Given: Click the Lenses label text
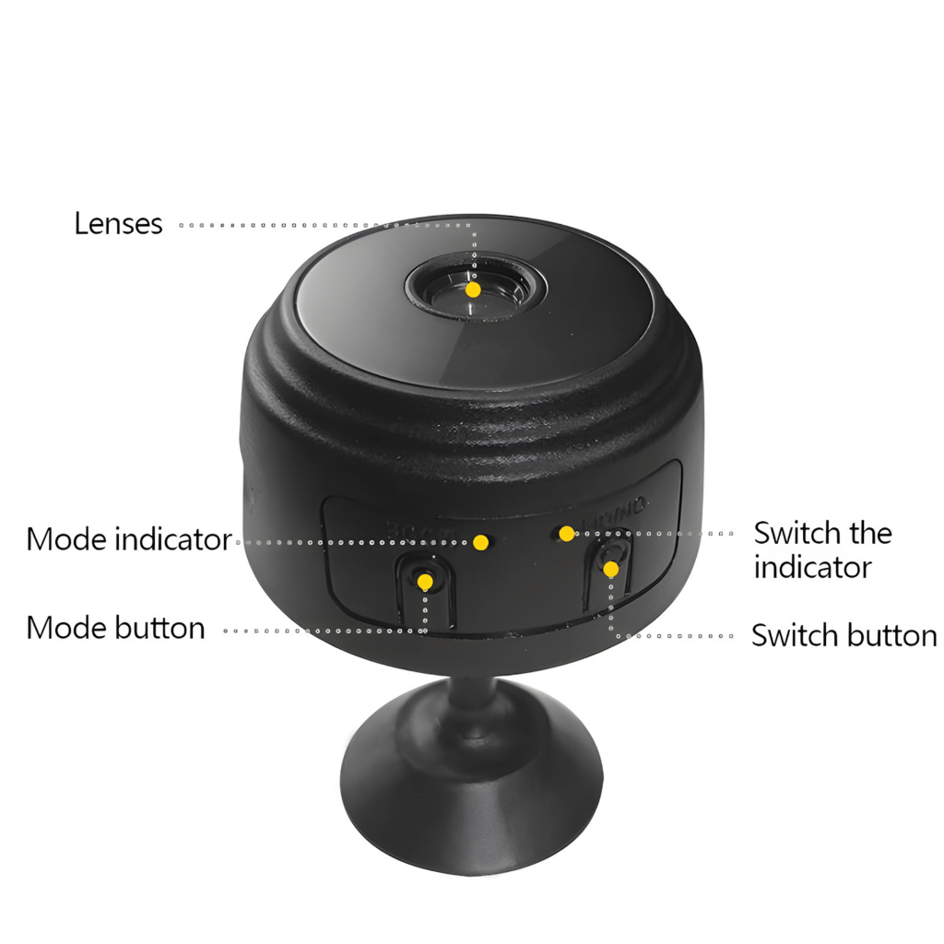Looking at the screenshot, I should (x=118, y=224).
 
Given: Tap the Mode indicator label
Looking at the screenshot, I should (x=128, y=539).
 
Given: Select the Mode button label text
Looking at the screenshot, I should (x=115, y=628).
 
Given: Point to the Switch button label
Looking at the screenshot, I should (x=844, y=635).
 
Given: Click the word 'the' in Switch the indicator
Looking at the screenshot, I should (x=869, y=533).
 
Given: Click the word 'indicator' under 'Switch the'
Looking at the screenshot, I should (x=812, y=567).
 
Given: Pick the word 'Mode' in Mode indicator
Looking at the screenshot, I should (x=66, y=539).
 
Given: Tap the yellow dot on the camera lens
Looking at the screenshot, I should (x=473, y=289).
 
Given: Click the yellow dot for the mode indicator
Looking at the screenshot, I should (x=480, y=542).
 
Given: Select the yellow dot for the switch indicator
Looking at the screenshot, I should (x=567, y=533).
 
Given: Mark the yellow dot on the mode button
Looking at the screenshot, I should (x=425, y=583).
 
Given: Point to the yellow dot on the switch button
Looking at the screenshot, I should (x=610, y=569).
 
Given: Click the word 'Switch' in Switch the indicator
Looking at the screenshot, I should (x=795, y=533).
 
